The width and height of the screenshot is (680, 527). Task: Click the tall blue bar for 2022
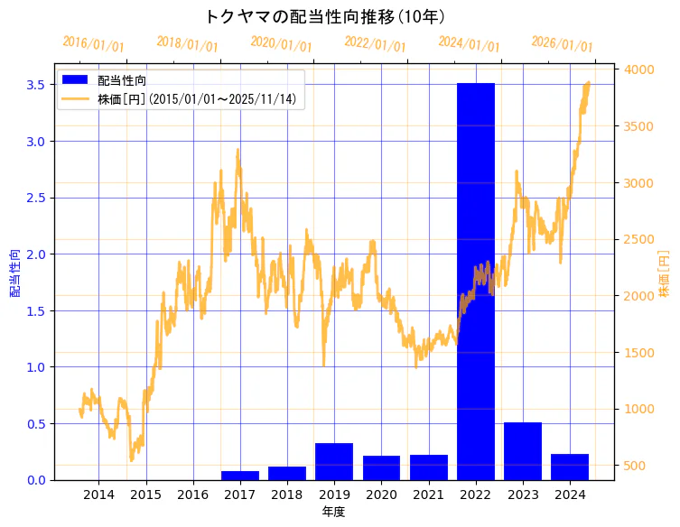click(x=476, y=280)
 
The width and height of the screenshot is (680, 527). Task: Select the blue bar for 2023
click(x=523, y=451)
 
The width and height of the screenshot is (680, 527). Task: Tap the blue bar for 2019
click(x=334, y=461)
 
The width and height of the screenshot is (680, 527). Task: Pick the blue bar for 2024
click(x=570, y=467)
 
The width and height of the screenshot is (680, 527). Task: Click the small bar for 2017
click(x=240, y=475)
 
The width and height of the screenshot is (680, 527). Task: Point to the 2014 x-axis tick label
click(x=98, y=495)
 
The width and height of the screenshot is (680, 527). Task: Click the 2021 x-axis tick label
click(x=428, y=495)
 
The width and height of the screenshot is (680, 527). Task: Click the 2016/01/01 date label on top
click(x=93, y=44)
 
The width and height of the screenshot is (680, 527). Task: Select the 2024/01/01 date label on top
click(x=469, y=44)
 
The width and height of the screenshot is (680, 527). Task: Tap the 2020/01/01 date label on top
click(x=281, y=44)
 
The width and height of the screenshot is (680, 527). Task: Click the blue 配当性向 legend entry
click(x=123, y=80)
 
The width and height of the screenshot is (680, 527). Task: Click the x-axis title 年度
click(x=333, y=512)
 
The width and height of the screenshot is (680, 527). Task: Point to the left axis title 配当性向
click(x=15, y=273)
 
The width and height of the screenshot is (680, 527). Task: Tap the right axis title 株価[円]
click(x=664, y=274)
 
